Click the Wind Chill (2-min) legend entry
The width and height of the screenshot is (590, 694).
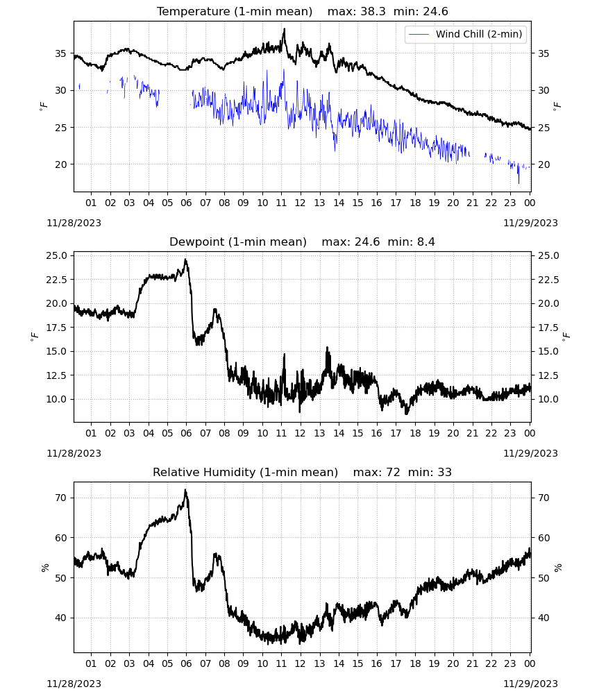click(x=466, y=34)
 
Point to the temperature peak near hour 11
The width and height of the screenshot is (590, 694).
click(x=284, y=29)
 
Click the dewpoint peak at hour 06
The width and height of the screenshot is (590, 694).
click(x=185, y=260)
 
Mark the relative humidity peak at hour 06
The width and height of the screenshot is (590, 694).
click(x=185, y=491)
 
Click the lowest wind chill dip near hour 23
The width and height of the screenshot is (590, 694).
click(x=519, y=182)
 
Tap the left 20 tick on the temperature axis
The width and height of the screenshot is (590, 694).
click(x=60, y=164)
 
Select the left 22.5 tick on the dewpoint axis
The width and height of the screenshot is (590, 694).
click(x=56, y=280)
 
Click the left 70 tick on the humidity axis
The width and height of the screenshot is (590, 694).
click(x=60, y=498)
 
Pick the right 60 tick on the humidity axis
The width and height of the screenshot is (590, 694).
click(x=544, y=539)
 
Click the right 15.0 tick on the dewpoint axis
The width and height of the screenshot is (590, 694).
click(x=549, y=351)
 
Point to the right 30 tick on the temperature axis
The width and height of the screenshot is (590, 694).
click(x=544, y=90)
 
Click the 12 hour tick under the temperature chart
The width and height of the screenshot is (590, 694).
click(x=300, y=203)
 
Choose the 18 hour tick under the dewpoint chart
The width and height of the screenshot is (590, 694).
click(x=415, y=433)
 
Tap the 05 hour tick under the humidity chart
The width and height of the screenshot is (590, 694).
click(x=167, y=664)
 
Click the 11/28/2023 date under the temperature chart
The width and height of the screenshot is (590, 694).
click(x=74, y=223)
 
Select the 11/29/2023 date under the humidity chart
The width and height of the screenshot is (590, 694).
click(x=531, y=684)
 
